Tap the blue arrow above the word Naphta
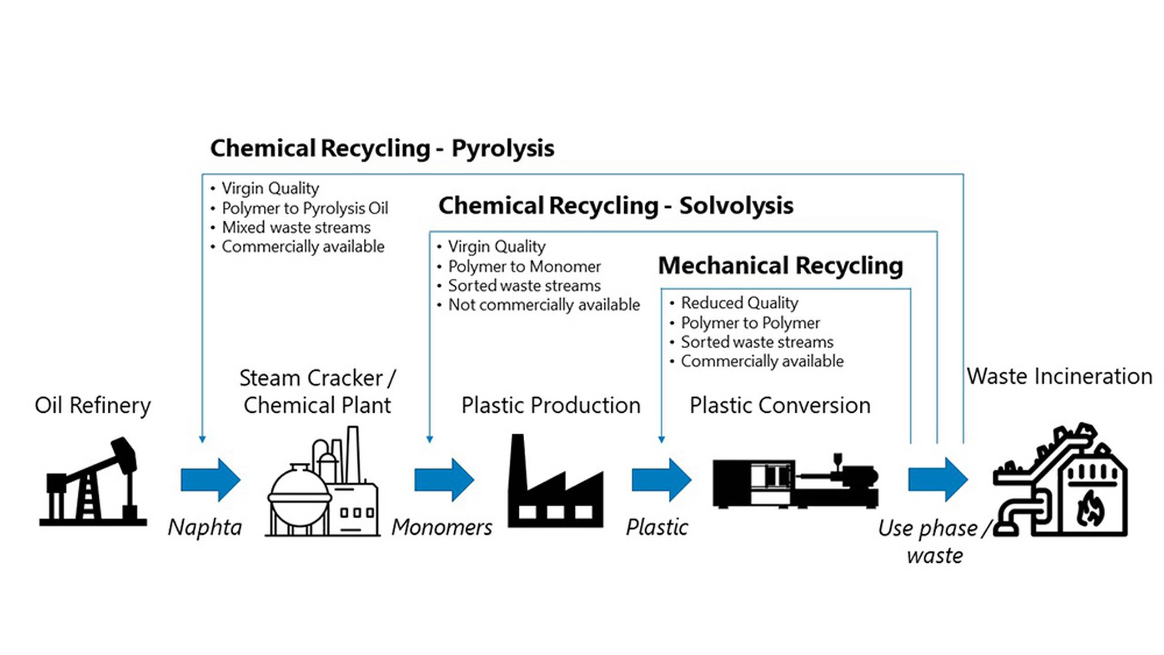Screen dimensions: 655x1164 point(210,480)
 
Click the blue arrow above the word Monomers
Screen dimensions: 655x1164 point(444,480)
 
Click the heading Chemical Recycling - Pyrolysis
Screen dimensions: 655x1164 point(382,149)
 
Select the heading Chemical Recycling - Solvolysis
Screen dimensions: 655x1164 point(616,206)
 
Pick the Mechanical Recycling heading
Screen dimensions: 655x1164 point(780,266)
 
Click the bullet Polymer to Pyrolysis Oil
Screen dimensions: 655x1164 point(305,209)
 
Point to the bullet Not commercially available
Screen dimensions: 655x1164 point(544,305)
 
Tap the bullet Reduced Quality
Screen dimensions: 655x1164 point(739,303)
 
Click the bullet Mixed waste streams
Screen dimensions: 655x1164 point(296,228)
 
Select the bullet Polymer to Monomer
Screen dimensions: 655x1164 point(524,267)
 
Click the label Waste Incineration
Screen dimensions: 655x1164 point(1059,377)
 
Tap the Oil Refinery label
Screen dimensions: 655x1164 point(93,405)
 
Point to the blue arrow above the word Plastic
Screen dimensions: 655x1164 point(661,480)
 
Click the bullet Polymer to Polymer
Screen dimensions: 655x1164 point(750,323)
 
